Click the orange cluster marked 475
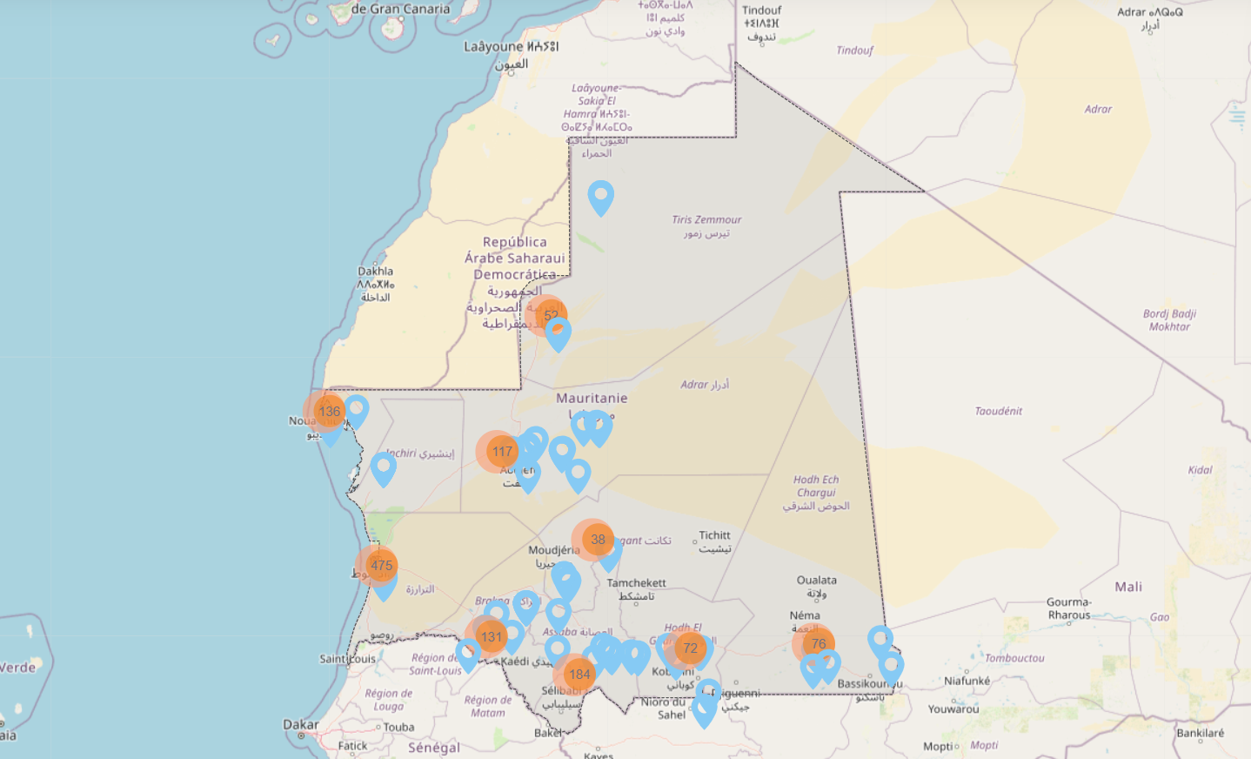tap(381, 566)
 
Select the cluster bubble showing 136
tap(329, 412)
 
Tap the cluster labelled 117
tap(502, 452)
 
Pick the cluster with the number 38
tap(598, 540)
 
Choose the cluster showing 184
tap(579, 675)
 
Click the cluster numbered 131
tap(492, 637)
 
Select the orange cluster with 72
tap(690, 648)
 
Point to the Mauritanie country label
tap(592, 398)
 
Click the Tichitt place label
tap(714, 535)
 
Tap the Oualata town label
tap(816, 581)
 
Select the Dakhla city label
tap(375, 272)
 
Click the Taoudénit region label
tap(998, 411)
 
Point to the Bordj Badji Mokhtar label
tap(1169, 320)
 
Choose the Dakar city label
tap(300, 724)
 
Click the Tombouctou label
tap(1014, 658)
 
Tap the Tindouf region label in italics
tap(854, 50)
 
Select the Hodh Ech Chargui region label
tap(816, 486)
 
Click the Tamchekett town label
tap(636, 583)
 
